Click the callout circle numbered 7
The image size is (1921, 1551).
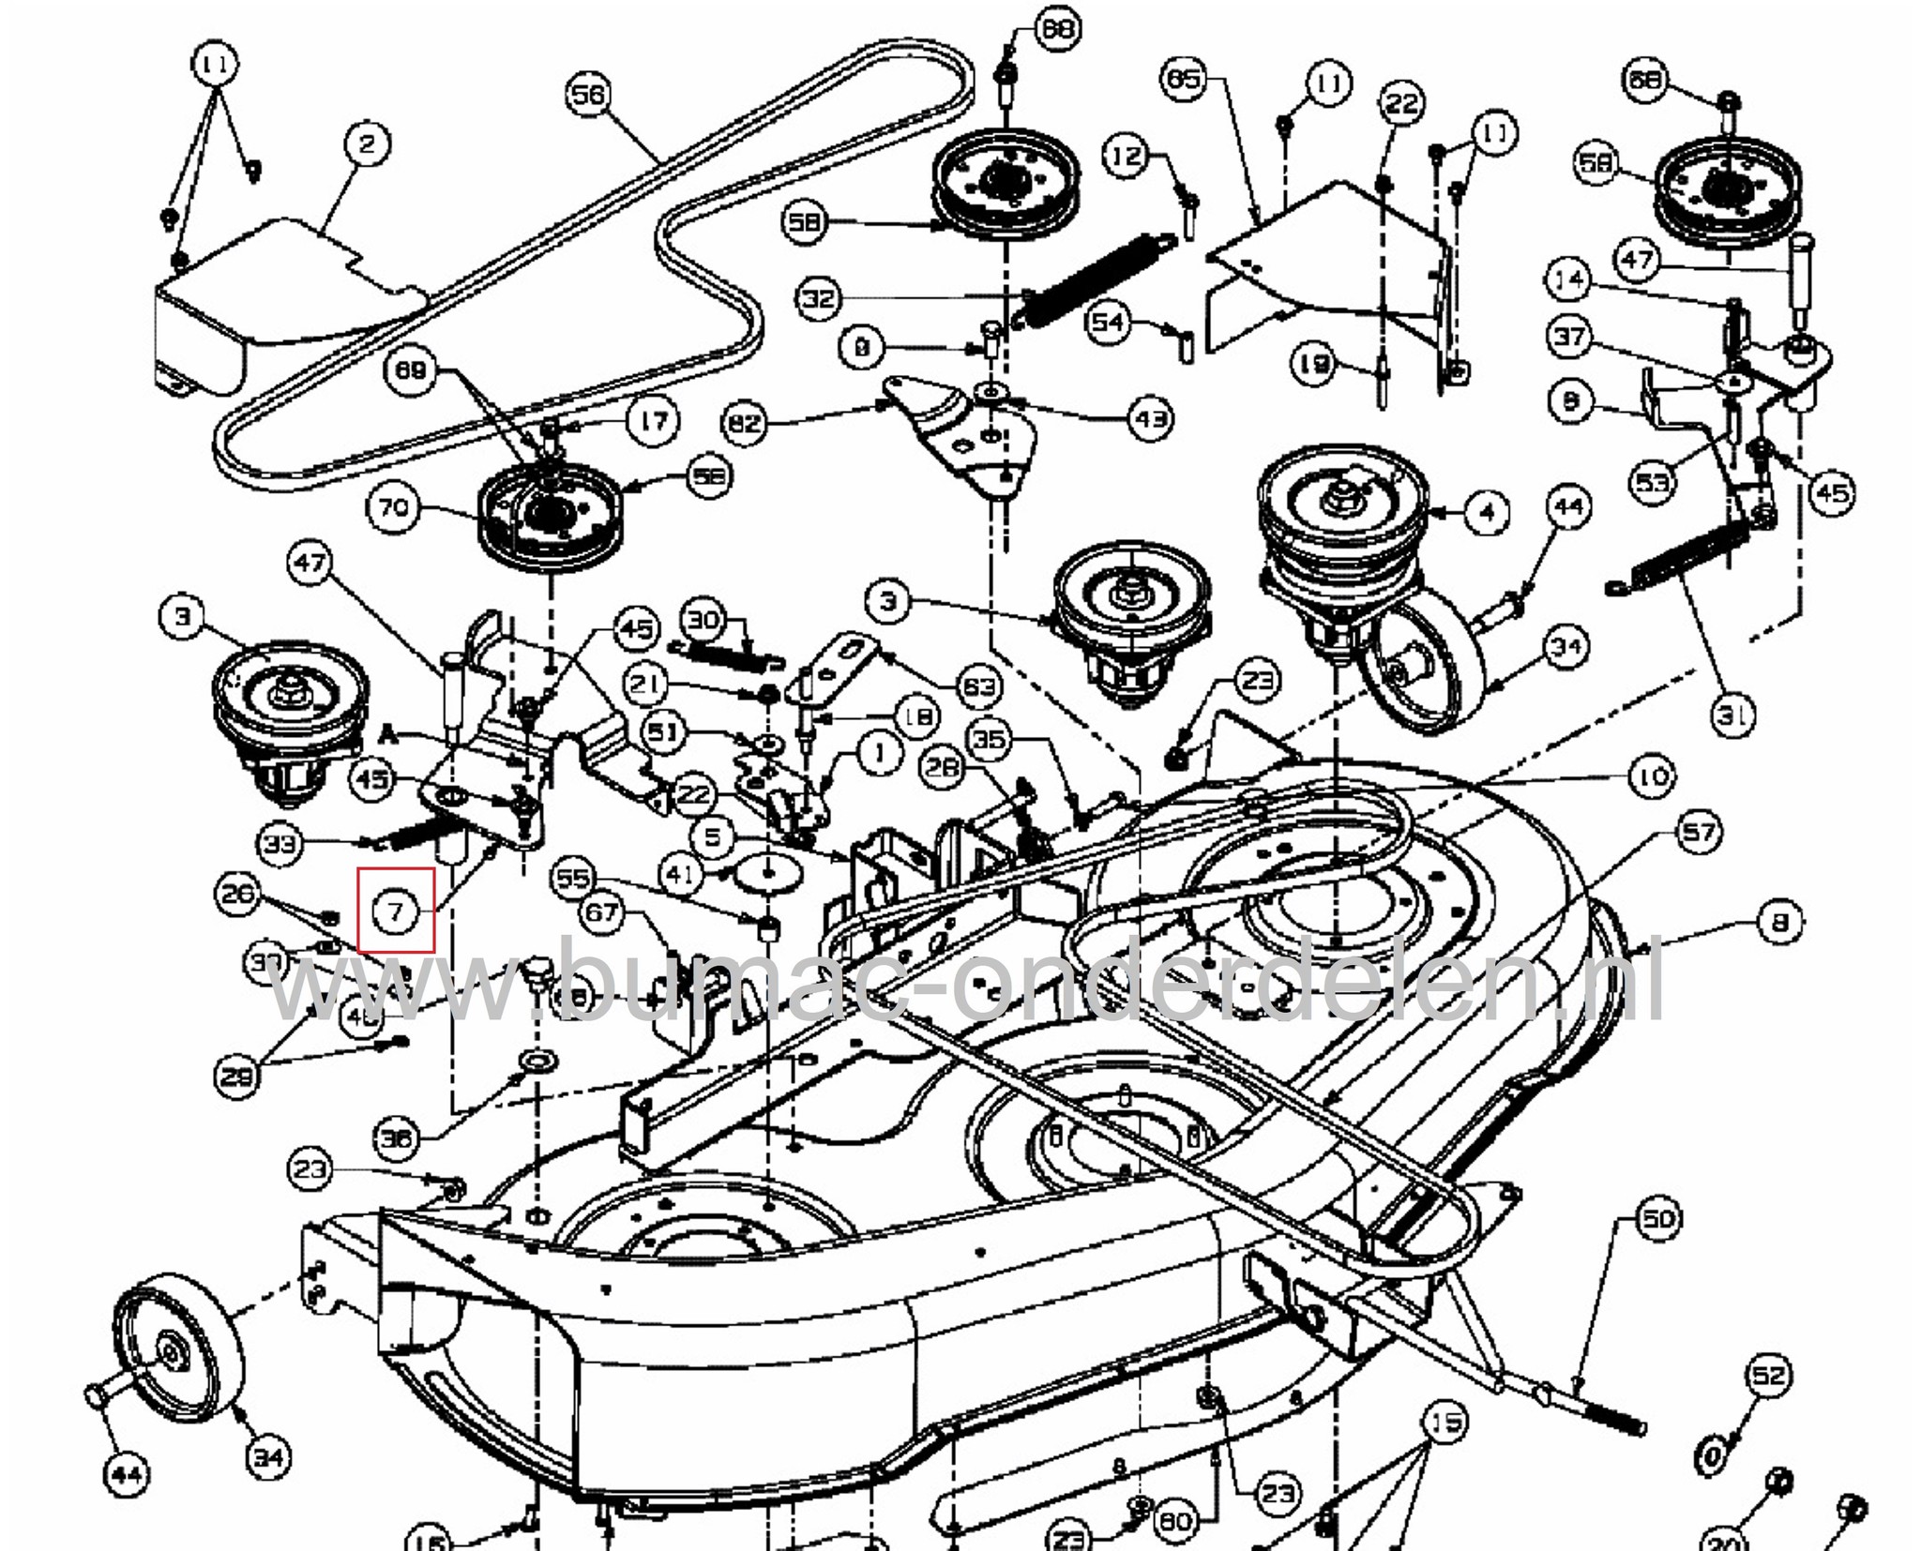coord(395,911)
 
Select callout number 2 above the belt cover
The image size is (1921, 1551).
coord(367,144)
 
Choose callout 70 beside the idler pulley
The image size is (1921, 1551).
coord(392,508)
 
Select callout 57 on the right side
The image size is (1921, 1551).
coord(1698,833)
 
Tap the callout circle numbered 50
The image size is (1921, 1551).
coord(1658,1219)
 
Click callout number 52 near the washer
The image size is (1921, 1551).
coord(1768,1376)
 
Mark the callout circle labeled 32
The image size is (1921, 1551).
coord(819,299)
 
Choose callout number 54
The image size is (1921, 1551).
coord(1108,323)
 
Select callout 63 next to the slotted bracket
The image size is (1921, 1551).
coord(978,686)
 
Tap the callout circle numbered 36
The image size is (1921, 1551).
coord(395,1139)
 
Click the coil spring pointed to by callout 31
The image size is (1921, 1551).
coord(1688,562)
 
